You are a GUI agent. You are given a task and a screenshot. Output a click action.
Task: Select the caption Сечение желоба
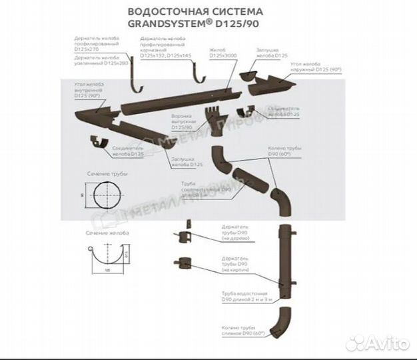click(107, 234)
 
